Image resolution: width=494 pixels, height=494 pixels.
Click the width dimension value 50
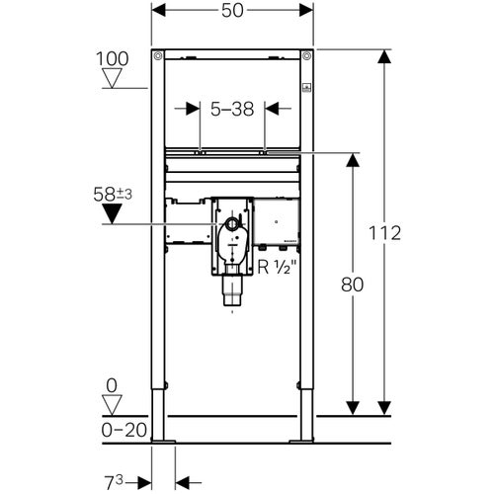(233, 10)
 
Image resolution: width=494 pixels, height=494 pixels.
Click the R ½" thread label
(282, 265)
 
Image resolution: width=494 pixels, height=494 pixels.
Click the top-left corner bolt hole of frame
(156, 55)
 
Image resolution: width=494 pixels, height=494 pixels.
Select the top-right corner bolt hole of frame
(308, 55)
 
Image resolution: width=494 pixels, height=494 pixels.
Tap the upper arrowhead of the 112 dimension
(383, 57)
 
